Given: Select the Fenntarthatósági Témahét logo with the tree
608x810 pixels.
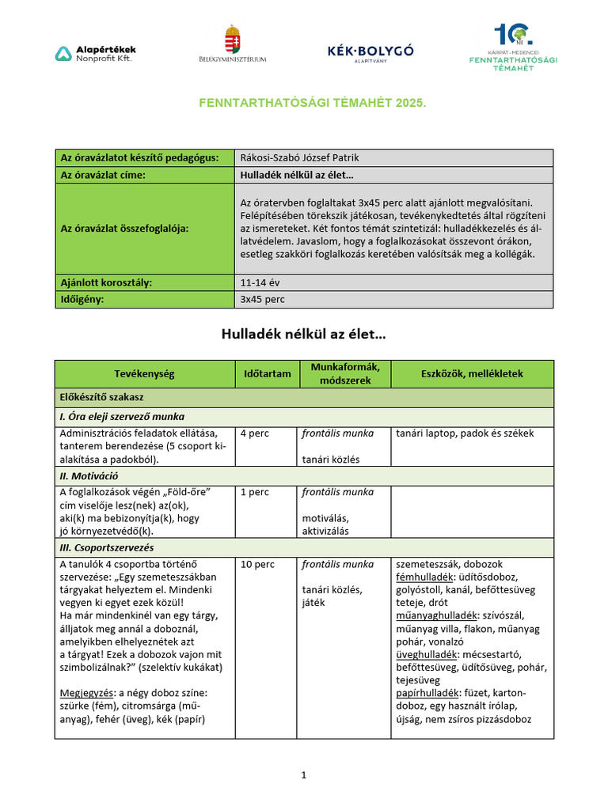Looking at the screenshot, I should click(512, 47).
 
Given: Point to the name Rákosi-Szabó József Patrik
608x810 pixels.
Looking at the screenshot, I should click(294, 157).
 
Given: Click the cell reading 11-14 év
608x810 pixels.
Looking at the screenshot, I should click(258, 282).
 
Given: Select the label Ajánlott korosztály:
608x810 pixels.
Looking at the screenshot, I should click(107, 282).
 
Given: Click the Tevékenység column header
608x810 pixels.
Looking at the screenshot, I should click(144, 373).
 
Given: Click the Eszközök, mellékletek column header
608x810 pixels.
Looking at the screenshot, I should click(472, 373).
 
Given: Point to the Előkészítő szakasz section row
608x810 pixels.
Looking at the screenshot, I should click(101, 396).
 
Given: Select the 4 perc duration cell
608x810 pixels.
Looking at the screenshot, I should click(254, 433).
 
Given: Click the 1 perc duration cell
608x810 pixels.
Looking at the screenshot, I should click(254, 492).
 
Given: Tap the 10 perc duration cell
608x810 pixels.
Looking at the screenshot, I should click(257, 565).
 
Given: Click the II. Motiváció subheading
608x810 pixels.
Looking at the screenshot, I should click(89, 476).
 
